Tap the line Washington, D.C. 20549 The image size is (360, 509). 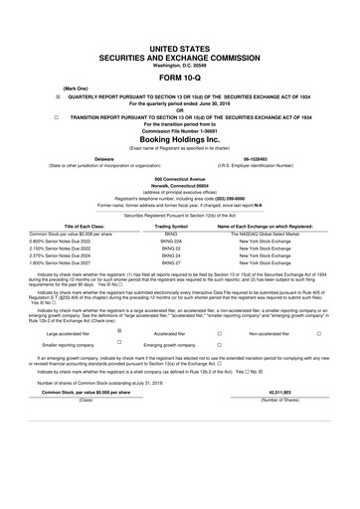(180, 38)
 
